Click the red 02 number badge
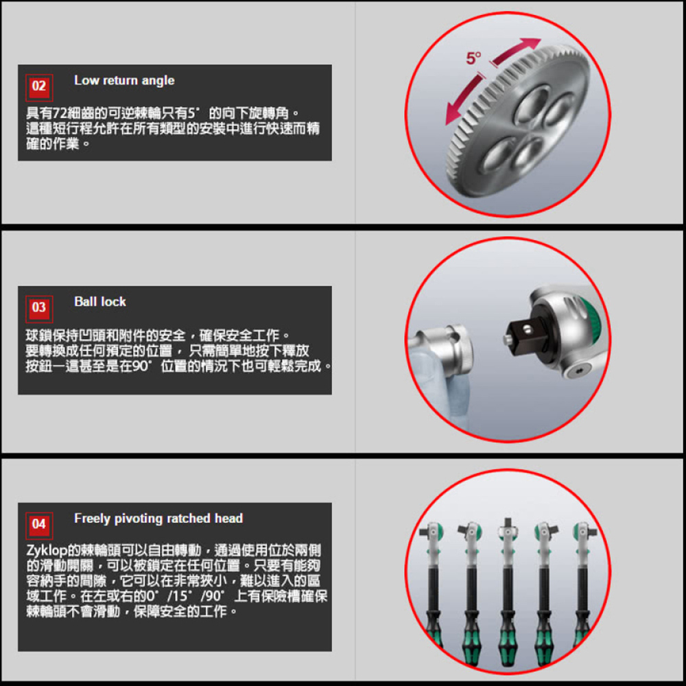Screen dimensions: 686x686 (x=39, y=88)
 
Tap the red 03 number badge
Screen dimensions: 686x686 (x=39, y=309)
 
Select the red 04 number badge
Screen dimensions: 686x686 (x=39, y=525)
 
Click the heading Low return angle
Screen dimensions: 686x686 (x=124, y=80)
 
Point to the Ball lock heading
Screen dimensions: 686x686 (x=100, y=302)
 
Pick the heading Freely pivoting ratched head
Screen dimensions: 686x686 (x=158, y=519)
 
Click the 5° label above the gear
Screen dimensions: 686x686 (x=473, y=58)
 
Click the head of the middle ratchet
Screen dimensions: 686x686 (x=508, y=532)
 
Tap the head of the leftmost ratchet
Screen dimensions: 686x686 (x=432, y=533)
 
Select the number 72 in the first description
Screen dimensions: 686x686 (x=60, y=113)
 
